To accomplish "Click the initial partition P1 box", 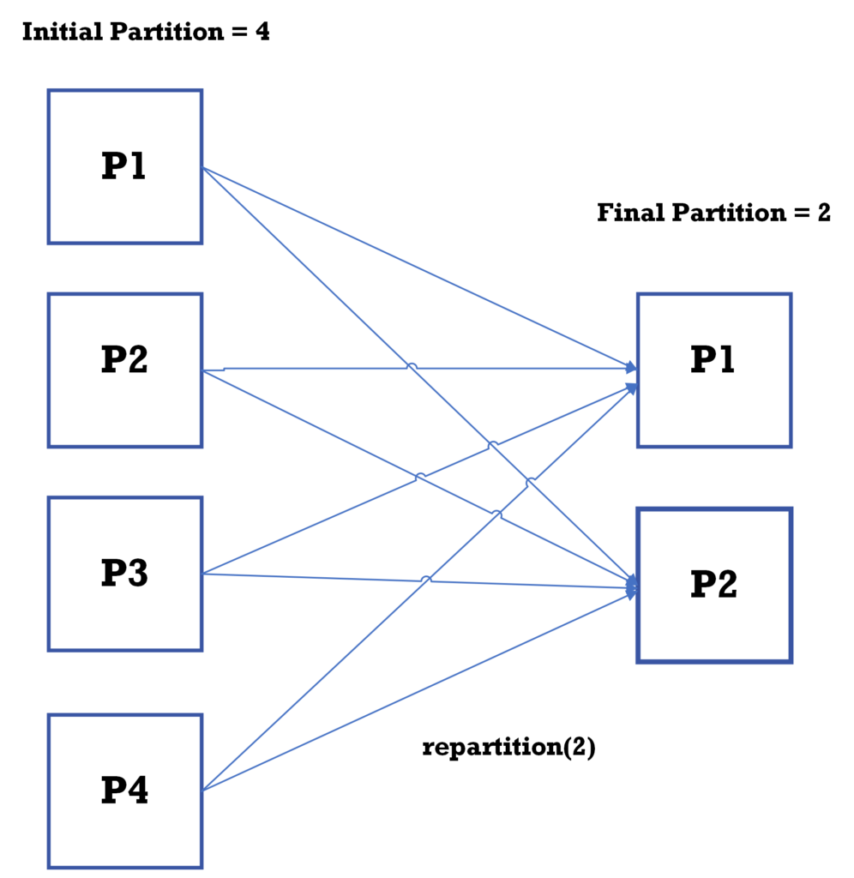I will [x=124, y=166].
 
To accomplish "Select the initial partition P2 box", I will [x=124, y=370].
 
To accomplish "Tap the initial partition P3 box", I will [x=124, y=573].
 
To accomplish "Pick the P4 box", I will [x=124, y=790].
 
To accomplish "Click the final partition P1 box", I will [x=713, y=370].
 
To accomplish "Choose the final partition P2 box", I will [x=713, y=585].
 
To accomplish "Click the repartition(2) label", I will [x=508, y=747].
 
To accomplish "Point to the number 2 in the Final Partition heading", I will [x=823, y=212].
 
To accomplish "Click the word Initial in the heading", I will [x=58, y=33].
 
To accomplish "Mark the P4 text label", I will [x=124, y=790].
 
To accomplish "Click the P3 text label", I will [x=124, y=573].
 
